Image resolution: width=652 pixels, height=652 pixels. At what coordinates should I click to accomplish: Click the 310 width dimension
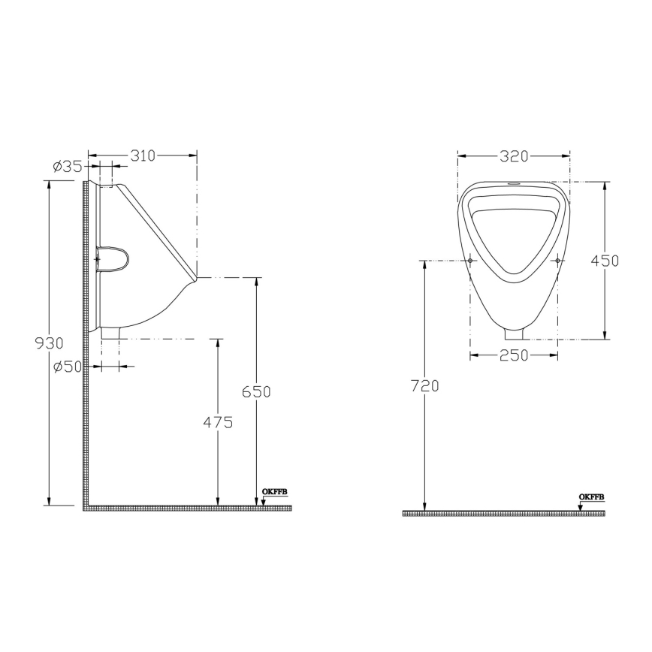tap(143, 155)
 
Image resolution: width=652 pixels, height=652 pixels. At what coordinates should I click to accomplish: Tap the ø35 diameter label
tap(68, 167)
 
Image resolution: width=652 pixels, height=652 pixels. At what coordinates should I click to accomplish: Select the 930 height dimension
tap(50, 343)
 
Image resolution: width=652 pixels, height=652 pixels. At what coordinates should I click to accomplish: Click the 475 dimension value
tap(218, 422)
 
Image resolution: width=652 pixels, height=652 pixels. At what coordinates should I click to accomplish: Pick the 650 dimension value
tap(256, 391)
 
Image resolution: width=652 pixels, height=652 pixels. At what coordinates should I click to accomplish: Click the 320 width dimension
tap(514, 156)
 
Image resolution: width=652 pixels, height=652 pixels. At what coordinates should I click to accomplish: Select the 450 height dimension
tap(605, 261)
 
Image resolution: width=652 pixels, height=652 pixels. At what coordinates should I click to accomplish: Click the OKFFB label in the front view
tap(591, 497)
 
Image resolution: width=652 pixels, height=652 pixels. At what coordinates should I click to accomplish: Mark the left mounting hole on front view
tap(470, 261)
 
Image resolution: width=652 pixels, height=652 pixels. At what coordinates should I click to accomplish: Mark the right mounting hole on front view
tap(557, 261)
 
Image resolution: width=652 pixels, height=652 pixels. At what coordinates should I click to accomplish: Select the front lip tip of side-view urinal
tap(195, 278)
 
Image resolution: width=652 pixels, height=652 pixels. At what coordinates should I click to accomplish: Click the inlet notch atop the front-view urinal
tap(514, 183)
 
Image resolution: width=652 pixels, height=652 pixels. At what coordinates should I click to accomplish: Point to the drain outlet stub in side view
tap(110, 333)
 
